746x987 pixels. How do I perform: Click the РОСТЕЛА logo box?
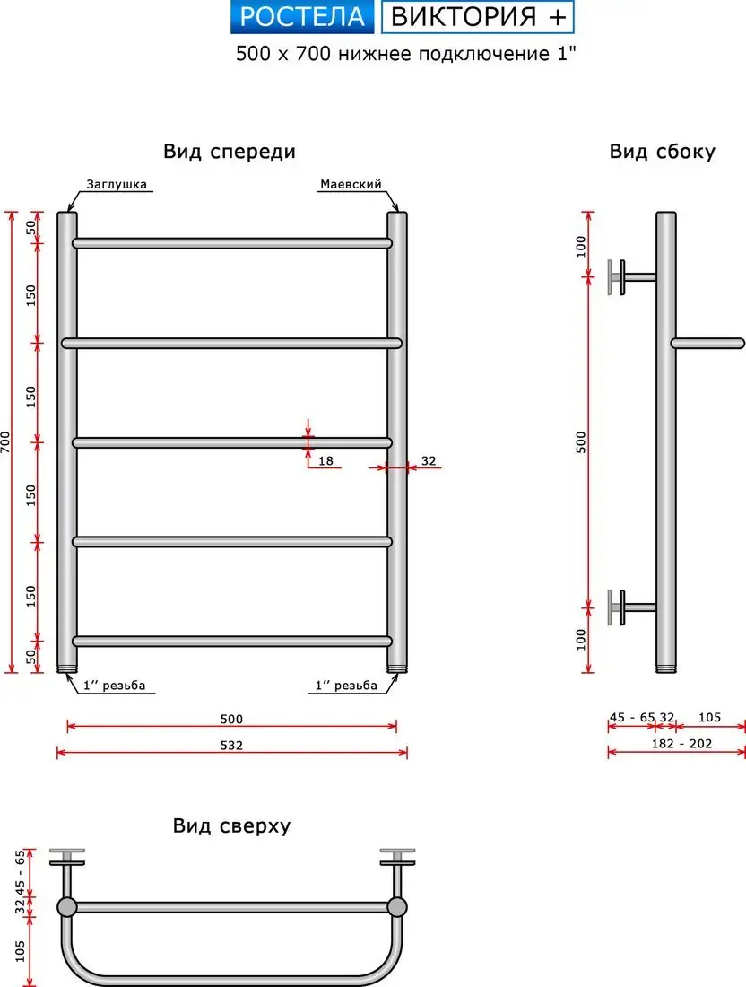(x=302, y=17)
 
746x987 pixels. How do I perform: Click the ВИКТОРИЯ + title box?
(x=478, y=17)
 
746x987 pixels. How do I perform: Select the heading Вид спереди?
(x=230, y=152)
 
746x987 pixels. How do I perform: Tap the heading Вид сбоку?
(x=663, y=152)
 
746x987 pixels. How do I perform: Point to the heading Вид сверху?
(x=232, y=825)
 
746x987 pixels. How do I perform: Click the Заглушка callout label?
(x=117, y=185)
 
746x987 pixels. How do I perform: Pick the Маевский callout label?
(x=351, y=185)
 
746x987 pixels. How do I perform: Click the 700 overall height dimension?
(x=5, y=442)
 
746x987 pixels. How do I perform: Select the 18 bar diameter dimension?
(x=325, y=461)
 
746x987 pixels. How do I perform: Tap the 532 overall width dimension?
(x=231, y=746)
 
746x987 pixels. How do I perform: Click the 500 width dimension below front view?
(x=231, y=719)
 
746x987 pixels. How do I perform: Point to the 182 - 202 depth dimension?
(x=681, y=744)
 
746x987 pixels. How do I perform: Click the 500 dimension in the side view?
(x=581, y=441)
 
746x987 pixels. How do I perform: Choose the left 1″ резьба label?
(x=115, y=686)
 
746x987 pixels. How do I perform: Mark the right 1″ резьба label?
(x=346, y=686)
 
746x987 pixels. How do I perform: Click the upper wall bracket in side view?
(x=631, y=277)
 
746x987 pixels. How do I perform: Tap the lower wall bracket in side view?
(x=631, y=607)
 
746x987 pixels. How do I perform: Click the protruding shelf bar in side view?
(x=707, y=344)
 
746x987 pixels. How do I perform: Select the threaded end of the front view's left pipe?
(x=66, y=668)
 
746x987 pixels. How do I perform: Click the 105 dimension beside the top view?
(x=20, y=950)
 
